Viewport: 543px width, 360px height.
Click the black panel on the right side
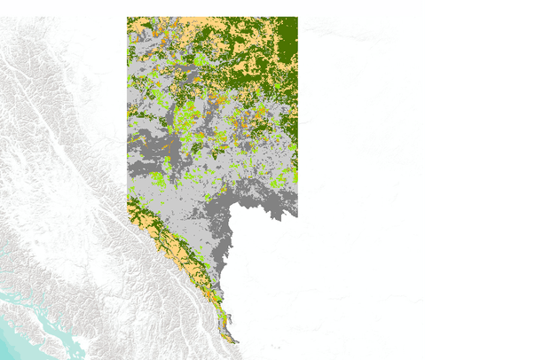[x=484, y=177]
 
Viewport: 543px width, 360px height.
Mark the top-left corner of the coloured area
[x=128, y=17]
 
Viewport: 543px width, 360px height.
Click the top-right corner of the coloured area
[x=296, y=17]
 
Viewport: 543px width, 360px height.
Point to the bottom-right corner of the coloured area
[x=296, y=215]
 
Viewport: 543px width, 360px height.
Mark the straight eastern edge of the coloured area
[x=297, y=115]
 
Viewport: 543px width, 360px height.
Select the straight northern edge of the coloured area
[x=213, y=17]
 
